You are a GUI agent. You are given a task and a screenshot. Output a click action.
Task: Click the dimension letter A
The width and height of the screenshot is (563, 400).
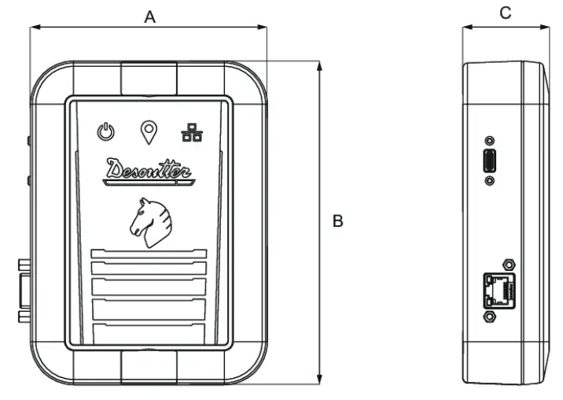[149, 15]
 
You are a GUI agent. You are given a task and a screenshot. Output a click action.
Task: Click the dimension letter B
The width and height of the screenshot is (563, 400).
[338, 223]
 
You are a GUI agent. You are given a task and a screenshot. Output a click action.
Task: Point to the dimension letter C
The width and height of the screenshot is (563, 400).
[506, 13]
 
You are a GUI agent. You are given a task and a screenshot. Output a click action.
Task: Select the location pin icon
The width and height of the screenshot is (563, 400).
[147, 131]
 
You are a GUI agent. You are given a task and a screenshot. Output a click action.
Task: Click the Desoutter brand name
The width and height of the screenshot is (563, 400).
[149, 169]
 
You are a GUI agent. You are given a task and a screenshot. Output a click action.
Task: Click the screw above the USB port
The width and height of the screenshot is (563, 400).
[491, 139]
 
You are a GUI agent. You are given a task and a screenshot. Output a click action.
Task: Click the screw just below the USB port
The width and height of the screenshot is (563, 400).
[491, 180]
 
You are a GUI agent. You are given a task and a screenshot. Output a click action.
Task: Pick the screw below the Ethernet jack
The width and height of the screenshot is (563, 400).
[490, 316]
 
